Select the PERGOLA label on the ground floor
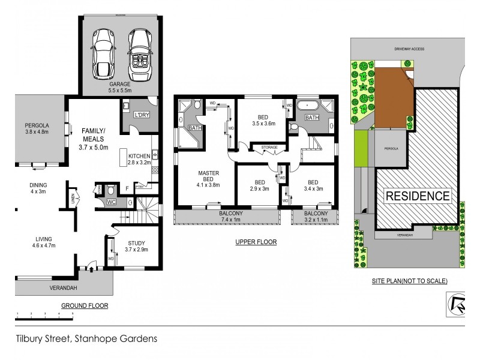pos(37,128)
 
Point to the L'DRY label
pos(141,115)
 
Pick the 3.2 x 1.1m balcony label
pos(316,217)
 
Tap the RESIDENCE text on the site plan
pos(417,196)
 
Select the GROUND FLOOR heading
pos(85,305)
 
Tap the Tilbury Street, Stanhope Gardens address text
pos(86,338)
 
